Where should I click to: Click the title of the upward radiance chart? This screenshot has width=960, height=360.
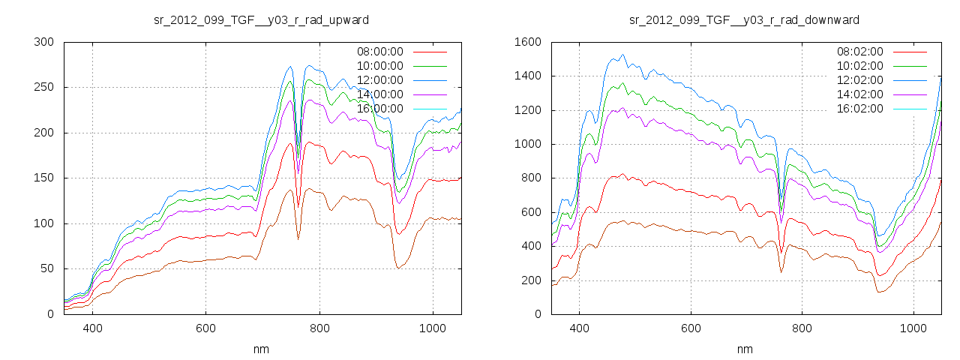click(x=261, y=19)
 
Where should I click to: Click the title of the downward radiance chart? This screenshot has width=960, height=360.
click(x=744, y=19)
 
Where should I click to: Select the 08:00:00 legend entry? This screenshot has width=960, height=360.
click(x=379, y=52)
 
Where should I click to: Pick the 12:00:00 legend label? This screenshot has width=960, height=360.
click(x=379, y=80)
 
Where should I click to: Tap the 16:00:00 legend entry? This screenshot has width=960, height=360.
click(x=379, y=109)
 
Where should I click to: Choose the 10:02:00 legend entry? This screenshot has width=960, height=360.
click(x=860, y=66)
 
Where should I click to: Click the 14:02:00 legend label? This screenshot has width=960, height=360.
click(x=860, y=94)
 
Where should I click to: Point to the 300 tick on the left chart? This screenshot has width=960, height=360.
click(x=43, y=42)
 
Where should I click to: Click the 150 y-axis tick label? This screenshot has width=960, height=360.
click(x=43, y=178)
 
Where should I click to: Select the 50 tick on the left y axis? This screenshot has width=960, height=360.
click(x=46, y=269)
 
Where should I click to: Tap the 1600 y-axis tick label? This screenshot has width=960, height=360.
click(x=527, y=42)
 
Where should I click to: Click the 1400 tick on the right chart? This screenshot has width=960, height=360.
click(x=527, y=76)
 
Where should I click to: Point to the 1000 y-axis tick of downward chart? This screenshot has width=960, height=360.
click(x=527, y=144)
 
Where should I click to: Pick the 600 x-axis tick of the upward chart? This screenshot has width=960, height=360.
click(x=205, y=328)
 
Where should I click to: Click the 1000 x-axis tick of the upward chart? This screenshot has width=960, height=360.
click(x=432, y=328)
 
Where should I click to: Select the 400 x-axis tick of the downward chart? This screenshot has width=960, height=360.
click(x=579, y=328)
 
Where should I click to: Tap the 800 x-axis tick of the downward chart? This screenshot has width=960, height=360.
click(x=802, y=328)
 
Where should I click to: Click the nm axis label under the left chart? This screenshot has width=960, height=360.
click(x=261, y=349)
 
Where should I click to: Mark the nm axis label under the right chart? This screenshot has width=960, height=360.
click(x=744, y=349)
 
